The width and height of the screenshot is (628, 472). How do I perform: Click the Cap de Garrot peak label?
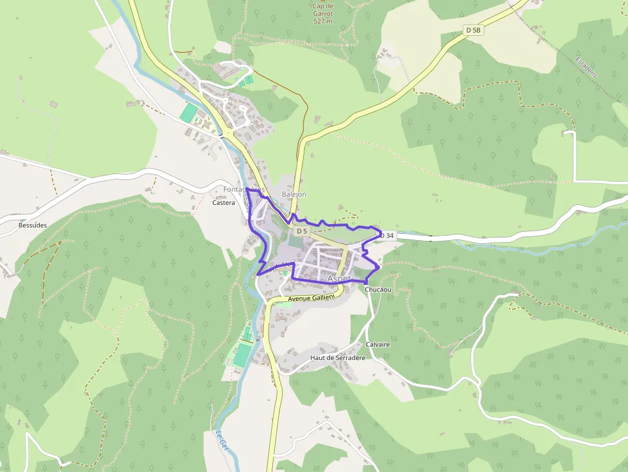(324, 10)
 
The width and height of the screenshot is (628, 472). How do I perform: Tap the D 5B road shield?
(473, 29)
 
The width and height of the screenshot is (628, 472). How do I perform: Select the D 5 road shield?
(302, 231)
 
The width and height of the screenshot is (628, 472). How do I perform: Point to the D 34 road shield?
(386, 236)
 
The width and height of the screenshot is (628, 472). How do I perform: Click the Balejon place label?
(294, 194)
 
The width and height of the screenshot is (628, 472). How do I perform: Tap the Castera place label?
(224, 202)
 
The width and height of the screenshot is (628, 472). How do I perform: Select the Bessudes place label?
(33, 225)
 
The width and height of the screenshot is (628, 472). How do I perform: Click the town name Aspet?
(338, 279)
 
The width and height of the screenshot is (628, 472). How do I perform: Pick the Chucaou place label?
(378, 290)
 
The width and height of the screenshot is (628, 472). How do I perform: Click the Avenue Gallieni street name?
(311, 299)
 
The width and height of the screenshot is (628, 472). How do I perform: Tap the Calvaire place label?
(378, 345)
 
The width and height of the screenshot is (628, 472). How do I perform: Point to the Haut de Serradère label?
(337, 358)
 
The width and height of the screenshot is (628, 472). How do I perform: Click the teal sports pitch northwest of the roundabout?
(188, 113)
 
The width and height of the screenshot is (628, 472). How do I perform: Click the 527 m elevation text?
(324, 21)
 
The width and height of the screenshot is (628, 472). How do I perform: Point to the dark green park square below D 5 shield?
(295, 241)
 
